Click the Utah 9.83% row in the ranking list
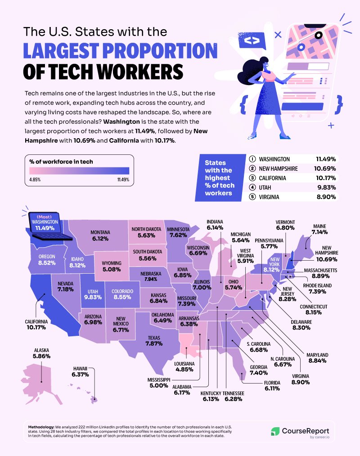[292, 187]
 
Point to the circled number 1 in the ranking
[252, 159]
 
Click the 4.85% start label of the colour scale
[35, 179]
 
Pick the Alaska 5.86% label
[41, 353]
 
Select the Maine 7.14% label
[319, 229]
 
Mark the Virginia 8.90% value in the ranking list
[326, 197]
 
